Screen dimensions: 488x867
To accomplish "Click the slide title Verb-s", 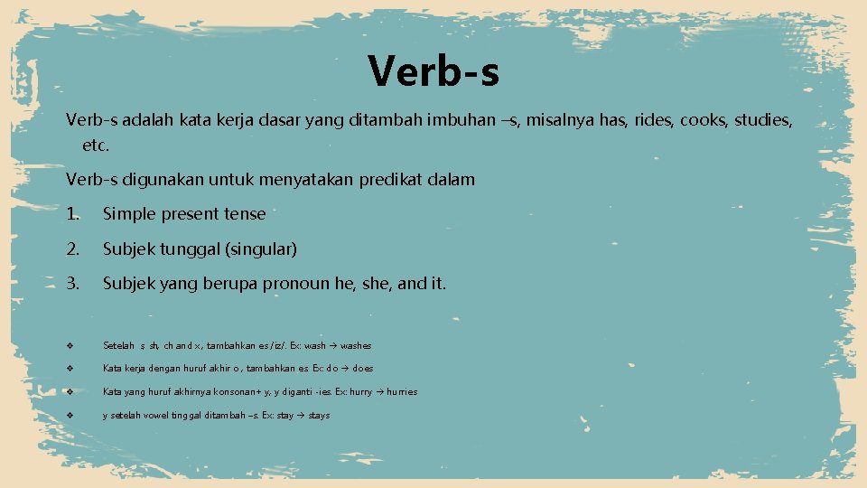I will (433, 70).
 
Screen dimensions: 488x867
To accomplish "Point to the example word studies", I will (763, 120).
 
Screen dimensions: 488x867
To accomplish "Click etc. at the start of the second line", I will (95, 145).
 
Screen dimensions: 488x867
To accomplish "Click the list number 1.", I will (73, 214).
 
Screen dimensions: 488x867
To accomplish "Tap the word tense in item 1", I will (244, 214).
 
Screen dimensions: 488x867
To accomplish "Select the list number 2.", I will (73, 249).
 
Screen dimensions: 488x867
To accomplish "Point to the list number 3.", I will (73, 284).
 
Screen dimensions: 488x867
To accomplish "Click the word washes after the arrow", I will (356, 345).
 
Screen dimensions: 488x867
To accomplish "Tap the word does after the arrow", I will (363, 369).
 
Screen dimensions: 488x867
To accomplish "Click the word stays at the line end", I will (319, 416).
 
